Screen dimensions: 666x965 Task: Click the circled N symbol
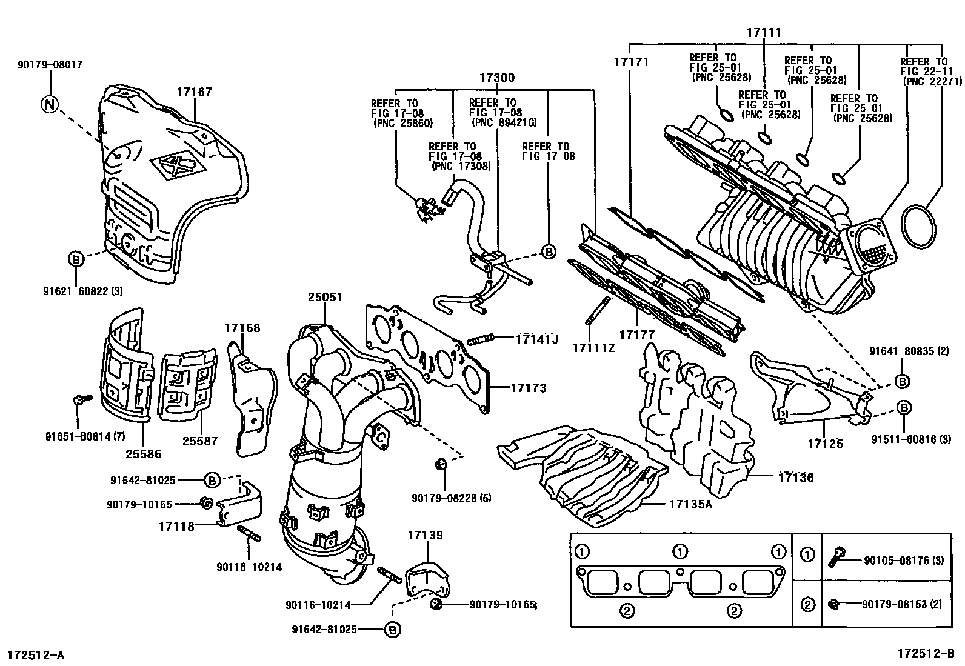click(x=49, y=104)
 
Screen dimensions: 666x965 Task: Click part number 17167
click(x=195, y=92)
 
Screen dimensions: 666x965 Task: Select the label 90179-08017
click(x=50, y=64)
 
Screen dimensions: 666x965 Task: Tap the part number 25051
click(x=325, y=297)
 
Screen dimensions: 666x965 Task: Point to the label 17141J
click(x=536, y=339)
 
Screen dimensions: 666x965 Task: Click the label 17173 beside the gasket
click(x=528, y=388)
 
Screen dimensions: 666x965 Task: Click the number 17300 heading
click(x=497, y=78)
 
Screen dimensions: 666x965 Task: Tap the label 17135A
click(x=691, y=503)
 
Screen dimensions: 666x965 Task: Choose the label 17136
click(x=796, y=478)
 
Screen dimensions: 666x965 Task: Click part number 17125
click(x=825, y=444)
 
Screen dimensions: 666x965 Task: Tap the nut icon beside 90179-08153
click(x=833, y=604)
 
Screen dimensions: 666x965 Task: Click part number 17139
click(x=425, y=535)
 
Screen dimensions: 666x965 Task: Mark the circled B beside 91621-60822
click(x=75, y=259)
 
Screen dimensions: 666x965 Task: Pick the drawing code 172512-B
click(x=926, y=653)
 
